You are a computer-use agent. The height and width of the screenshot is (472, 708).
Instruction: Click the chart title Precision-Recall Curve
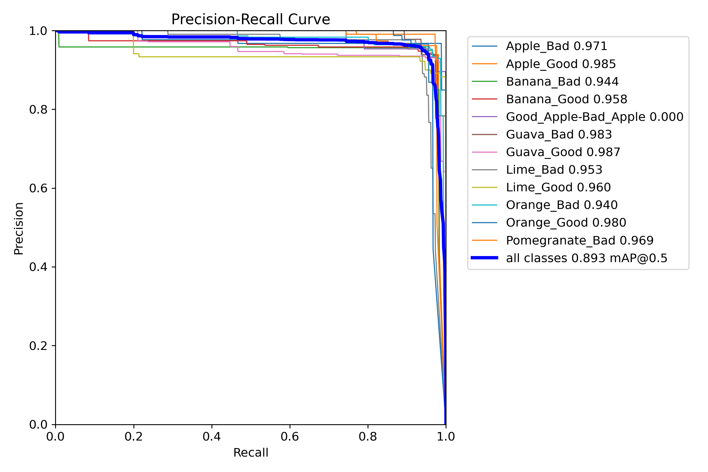(x=250, y=20)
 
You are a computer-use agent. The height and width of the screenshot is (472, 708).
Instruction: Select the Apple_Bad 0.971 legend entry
(x=556, y=46)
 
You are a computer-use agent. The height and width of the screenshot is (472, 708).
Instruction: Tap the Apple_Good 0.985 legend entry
(x=560, y=64)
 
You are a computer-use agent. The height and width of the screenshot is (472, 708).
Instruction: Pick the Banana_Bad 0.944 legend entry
(x=562, y=81)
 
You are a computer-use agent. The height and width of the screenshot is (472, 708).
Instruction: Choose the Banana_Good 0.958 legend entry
(x=566, y=99)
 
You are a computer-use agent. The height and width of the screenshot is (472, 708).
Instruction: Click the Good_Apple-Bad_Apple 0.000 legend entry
(x=594, y=117)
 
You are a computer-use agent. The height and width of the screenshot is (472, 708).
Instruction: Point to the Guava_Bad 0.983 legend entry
(x=559, y=134)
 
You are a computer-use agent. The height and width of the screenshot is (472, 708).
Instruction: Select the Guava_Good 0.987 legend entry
(x=563, y=152)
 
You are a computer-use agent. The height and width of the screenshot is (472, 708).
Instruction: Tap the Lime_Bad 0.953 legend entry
(x=554, y=170)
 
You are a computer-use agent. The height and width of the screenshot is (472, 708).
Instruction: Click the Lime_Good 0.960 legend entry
(x=558, y=187)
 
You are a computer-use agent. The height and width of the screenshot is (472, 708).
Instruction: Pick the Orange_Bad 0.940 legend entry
(x=562, y=205)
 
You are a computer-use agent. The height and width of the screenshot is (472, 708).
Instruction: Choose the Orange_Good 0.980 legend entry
(x=566, y=222)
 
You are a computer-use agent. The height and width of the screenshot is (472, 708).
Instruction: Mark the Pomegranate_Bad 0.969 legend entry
(x=580, y=240)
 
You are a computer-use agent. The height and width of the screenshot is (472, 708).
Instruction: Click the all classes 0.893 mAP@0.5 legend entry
(x=587, y=258)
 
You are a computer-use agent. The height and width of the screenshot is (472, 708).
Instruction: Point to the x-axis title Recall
(x=250, y=452)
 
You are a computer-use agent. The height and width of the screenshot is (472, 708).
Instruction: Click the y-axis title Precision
(x=19, y=228)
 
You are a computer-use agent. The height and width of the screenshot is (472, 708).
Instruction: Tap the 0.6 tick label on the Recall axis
(x=290, y=436)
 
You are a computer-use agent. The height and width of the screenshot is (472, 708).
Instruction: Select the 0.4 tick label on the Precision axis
(x=38, y=267)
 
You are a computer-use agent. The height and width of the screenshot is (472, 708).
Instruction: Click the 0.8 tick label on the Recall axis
(x=368, y=436)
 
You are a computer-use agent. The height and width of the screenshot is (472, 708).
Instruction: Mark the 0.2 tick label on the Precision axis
(x=38, y=346)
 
